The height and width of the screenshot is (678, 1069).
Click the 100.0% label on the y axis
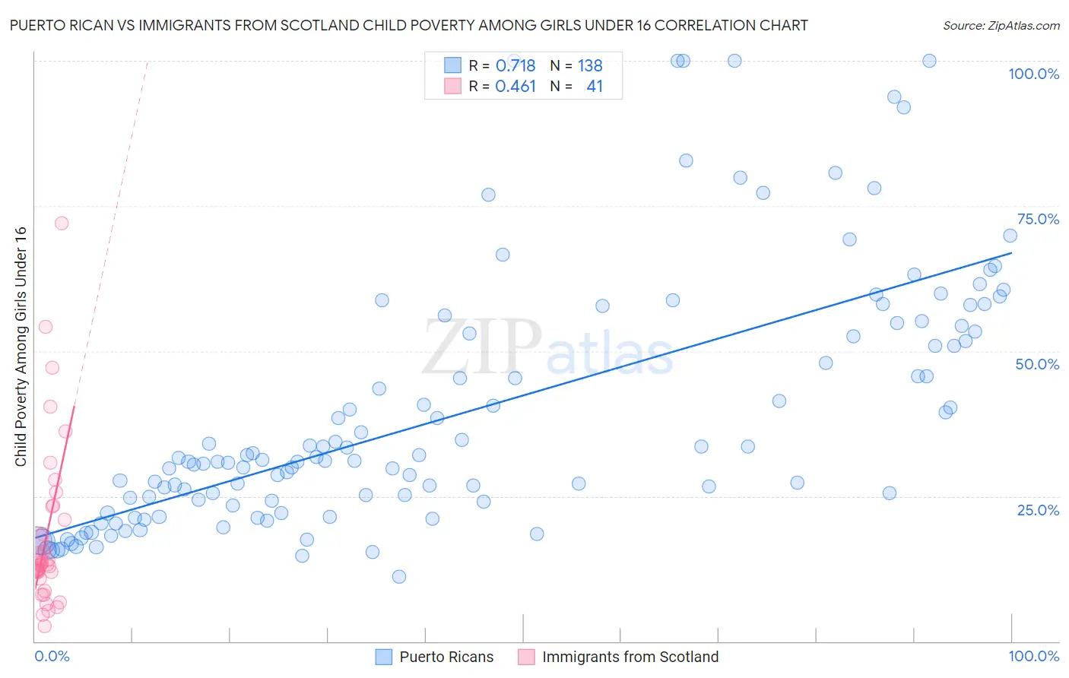(1033, 74)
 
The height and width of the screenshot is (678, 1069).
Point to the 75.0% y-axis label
(1038, 219)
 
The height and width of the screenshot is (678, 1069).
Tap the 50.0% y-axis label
(1037, 364)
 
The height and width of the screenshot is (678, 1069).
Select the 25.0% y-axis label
(1038, 509)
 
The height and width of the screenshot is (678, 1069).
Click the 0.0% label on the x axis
(52, 656)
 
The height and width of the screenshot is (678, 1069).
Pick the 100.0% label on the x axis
(1033, 656)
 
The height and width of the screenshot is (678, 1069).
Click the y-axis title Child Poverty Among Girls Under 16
(21, 347)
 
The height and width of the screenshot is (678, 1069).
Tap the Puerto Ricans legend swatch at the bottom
(384, 657)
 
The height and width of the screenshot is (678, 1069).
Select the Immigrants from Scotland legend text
(630, 657)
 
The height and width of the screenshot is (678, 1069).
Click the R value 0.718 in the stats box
(515, 65)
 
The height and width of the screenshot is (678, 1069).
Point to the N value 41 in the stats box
(595, 87)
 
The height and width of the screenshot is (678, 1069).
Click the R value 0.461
(515, 87)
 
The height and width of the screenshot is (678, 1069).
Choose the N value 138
(590, 65)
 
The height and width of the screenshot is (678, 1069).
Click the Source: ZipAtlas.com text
(1001, 26)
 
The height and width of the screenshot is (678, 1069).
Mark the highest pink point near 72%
(62, 223)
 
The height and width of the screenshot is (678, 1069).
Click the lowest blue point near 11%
(399, 576)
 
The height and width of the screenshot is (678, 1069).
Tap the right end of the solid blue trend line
(1012, 252)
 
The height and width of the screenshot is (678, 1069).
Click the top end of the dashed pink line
(147, 62)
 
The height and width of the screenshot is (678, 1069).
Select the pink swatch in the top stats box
(452, 86)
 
